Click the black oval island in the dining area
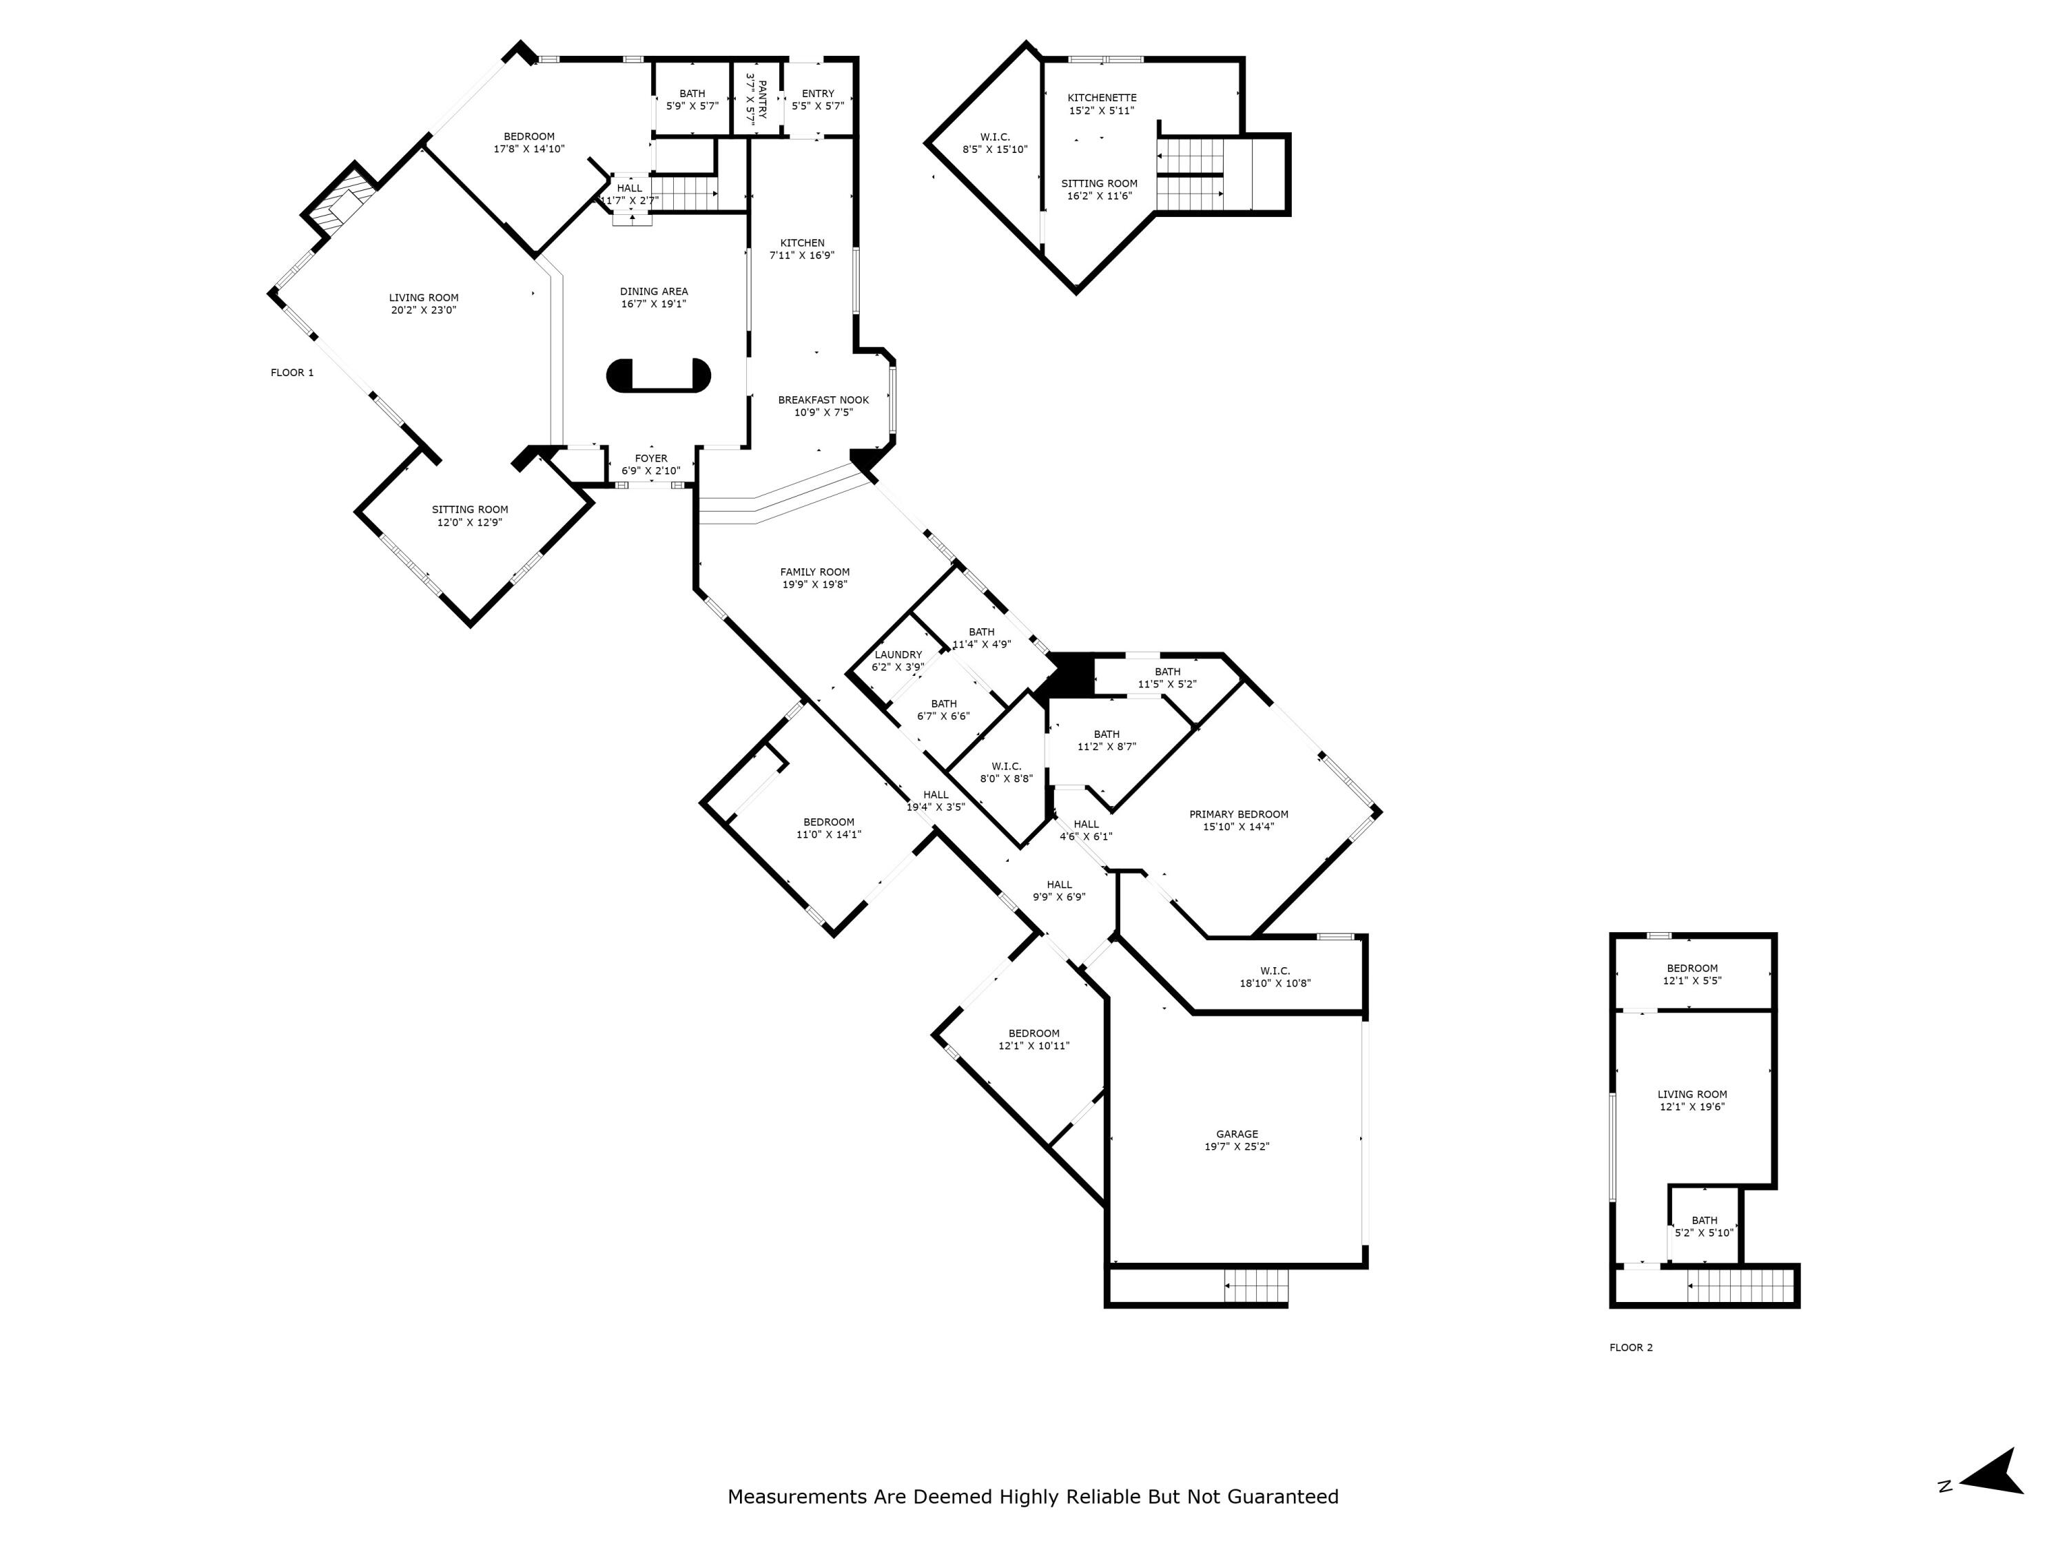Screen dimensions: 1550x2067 (x=658, y=375)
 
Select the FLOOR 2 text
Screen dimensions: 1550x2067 (x=1631, y=1347)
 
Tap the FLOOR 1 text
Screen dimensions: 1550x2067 (x=291, y=373)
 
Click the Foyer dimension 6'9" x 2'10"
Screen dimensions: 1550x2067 (x=651, y=471)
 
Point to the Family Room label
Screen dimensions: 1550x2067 (x=815, y=572)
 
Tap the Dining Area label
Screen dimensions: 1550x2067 (x=653, y=291)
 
